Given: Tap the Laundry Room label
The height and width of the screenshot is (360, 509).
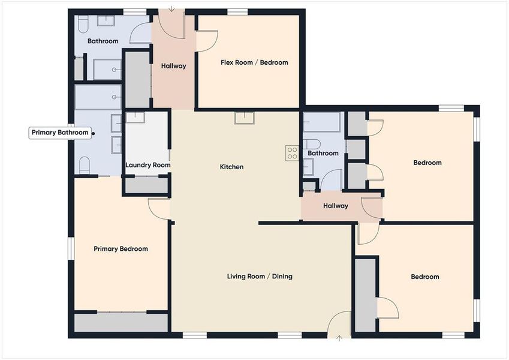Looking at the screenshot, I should click(148, 165).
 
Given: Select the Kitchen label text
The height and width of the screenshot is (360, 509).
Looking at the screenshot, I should click(231, 167).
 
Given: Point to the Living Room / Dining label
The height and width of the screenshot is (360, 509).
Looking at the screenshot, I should click(260, 277).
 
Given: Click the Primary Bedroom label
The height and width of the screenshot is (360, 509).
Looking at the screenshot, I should click(121, 249).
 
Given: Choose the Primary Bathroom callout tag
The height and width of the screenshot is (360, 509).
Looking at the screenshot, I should click(60, 133).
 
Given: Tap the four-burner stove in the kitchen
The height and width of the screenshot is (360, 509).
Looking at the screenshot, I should click(292, 153).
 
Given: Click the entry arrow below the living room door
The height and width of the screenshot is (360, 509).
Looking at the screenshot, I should click(339, 339).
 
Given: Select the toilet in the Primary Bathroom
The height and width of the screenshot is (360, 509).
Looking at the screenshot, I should click(85, 164).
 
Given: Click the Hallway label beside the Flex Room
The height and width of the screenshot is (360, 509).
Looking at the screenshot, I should click(174, 66).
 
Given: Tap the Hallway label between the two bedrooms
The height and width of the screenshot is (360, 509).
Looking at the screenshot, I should click(336, 206).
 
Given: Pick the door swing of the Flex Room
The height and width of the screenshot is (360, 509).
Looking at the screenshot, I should click(207, 41).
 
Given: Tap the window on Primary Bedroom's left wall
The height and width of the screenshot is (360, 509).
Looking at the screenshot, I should click(70, 248).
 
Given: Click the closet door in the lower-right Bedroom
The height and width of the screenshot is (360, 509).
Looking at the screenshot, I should click(387, 308).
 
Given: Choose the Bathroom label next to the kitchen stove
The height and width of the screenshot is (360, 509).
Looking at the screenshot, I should click(323, 153).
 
